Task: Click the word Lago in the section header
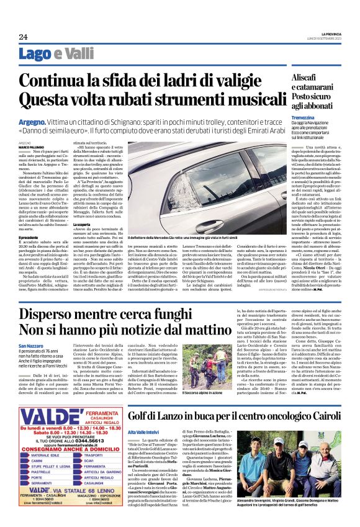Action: pyautogui.click(x=35, y=54)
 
